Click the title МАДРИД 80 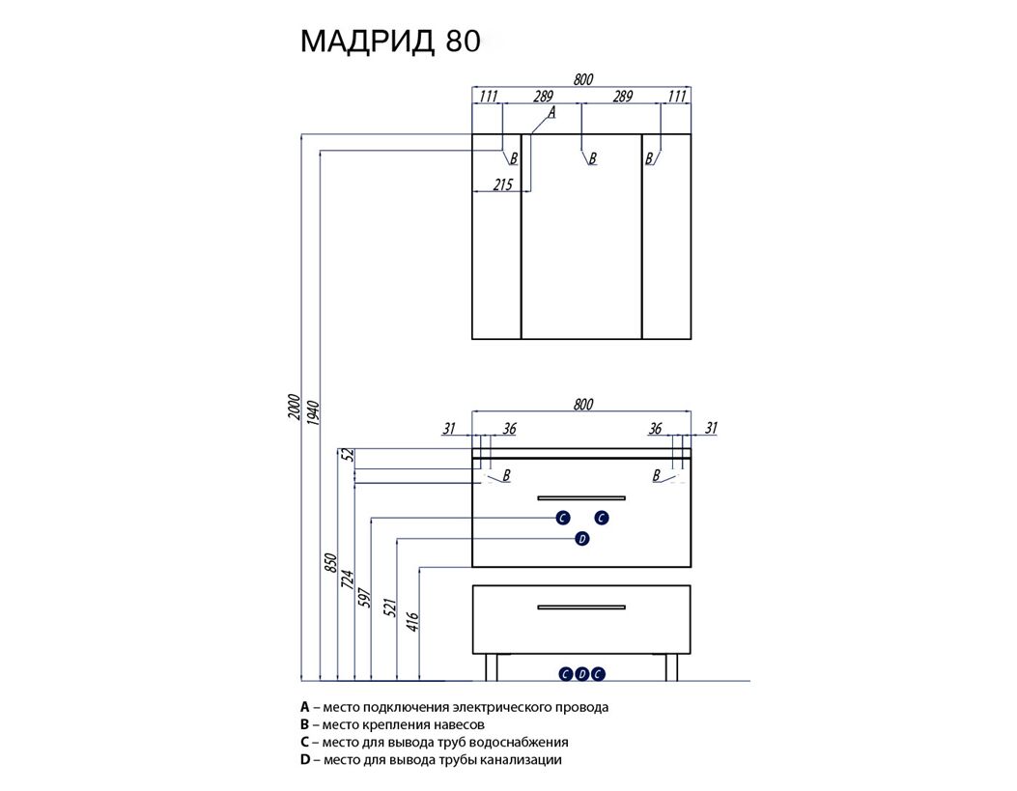(390, 42)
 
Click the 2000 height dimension (296, 407)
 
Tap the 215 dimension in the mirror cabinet (502, 184)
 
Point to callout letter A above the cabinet (551, 113)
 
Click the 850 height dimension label (330, 563)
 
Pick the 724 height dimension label (347, 579)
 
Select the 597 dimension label (363, 598)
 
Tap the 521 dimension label (390, 607)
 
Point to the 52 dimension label (349, 455)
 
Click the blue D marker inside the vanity (581, 539)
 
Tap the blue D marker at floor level (581, 674)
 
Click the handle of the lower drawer (581, 607)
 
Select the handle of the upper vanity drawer (581, 498)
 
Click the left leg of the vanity (492, 667)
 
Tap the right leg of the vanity (672, 667)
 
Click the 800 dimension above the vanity (583, 404)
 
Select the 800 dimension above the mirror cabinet (583, 79)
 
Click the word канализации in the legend (521, 759)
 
